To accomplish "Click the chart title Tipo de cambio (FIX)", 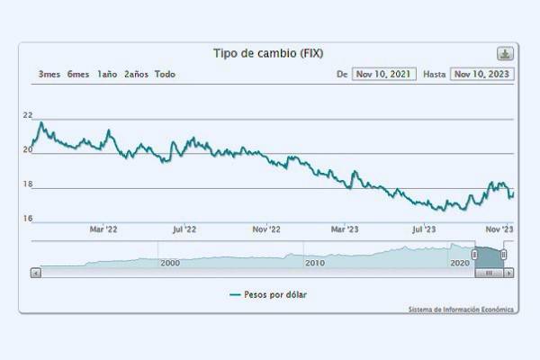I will click(x=267, y=53).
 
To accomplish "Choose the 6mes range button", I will click(x=78, y=74).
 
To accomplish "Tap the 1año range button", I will click(x=107, y=74).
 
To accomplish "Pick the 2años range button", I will click(x=136, y=74).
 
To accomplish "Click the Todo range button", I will click(x=165, y=74).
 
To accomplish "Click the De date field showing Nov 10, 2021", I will click(x=384, y=74).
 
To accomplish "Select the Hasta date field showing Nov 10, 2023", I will click(x=482, y=74).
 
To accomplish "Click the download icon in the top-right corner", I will click(x=505, y=53).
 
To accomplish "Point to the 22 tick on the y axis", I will click(x=28, y=115).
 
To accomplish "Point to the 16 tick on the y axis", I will click(x=28, y=219).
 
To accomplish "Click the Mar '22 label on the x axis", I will click(x=103, y=229).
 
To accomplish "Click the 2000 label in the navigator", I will click(x=169, y=263).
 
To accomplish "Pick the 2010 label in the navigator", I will click(x=315, y=263).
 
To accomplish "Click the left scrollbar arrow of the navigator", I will click(x=36, y=272).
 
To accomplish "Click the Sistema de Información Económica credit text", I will click(x=461, y=309).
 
